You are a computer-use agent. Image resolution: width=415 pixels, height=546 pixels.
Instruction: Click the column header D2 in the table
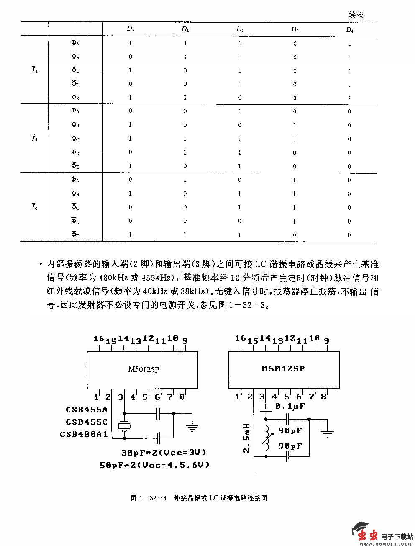point(240,29)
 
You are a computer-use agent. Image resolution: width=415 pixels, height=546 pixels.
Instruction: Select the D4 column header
point(349,29)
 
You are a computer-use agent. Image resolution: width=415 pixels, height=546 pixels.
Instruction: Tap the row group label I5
point(34,138)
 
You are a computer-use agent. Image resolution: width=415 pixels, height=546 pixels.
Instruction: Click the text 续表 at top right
point(356,14)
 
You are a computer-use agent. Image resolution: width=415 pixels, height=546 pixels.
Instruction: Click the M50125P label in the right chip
point(283,368)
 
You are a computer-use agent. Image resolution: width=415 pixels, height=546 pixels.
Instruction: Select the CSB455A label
point(87,410)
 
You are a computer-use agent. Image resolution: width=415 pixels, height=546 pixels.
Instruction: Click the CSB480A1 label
point(84,434)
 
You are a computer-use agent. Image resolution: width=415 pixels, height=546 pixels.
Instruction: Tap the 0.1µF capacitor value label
point(290,406)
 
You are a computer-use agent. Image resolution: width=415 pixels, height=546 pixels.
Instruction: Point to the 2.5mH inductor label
point(247,438)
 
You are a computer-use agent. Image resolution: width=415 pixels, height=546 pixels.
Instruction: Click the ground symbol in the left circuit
point(192,428)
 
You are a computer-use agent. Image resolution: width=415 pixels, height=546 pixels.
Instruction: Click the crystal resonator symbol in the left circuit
point(124,426)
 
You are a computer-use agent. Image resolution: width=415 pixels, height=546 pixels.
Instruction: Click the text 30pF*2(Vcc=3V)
point(164,453)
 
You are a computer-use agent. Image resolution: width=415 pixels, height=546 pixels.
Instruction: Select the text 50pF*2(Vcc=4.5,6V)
point(155,465)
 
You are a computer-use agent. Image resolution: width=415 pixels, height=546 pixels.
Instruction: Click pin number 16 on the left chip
point(98,338)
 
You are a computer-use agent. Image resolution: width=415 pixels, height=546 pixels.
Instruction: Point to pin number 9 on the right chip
point(326,340)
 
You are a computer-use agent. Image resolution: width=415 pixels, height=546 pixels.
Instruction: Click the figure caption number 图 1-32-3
point(149,498)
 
